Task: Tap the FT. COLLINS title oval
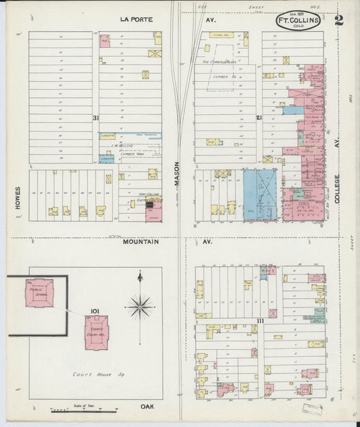pyautogui.click(x=298, y=21)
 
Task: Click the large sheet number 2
pyautogui.click(x=338, y=19)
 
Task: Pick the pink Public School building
pyautogui.click(x=39, y=293)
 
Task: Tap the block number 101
pyautogui.click(x=95, y=311)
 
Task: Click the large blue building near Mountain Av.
pyautogui.click(x=259, y=194)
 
